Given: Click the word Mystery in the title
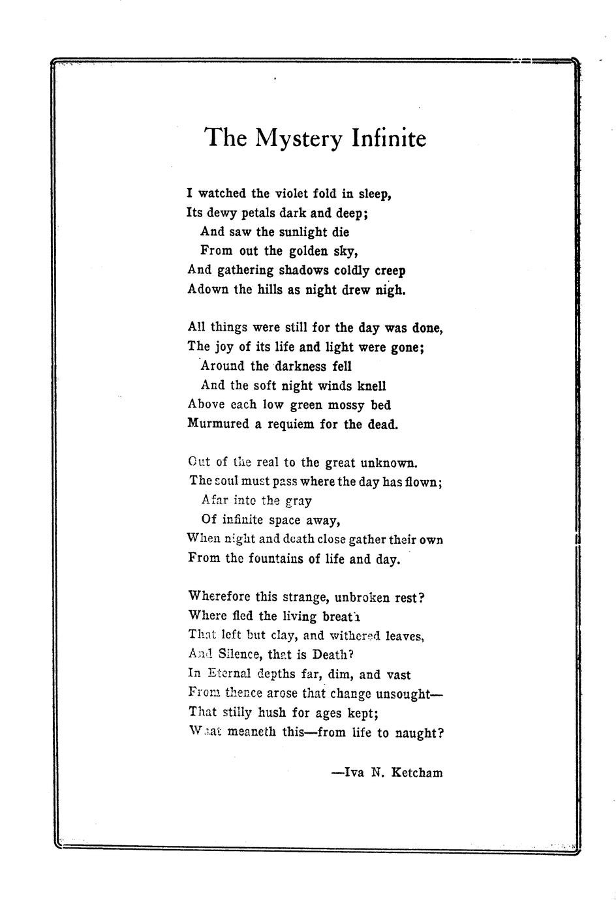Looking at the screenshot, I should (x=298, y=138).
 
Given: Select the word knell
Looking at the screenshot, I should (x=372, y=385).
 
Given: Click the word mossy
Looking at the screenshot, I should (x=346, y=405).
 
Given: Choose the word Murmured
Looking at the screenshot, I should (x=218, y=424).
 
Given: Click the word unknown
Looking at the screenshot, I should (x=388, y=463).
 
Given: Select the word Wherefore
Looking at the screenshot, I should (x=217, y=596).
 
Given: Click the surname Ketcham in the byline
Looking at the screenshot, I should (x=417, y=773).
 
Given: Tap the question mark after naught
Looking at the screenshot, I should (x=440, y=732).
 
